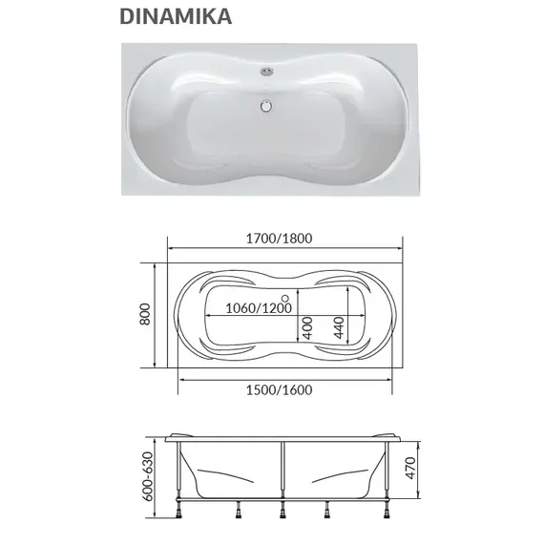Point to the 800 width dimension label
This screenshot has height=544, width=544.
tap(145, 314)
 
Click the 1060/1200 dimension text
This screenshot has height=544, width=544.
tap(259, 308)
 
